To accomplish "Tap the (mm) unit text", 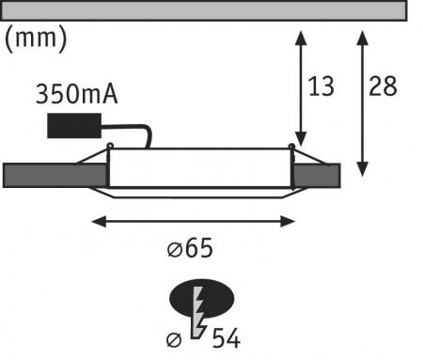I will tap(36, 39).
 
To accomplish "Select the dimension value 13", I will tap(321, 87).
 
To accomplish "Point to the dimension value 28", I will tap(383, 87).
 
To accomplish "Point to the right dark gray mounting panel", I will tap(314, 174).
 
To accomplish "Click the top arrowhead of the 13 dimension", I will tap(300, 37).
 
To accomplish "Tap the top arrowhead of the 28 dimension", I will tap(362, 37).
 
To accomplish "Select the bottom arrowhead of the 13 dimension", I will tap(300, 139).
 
